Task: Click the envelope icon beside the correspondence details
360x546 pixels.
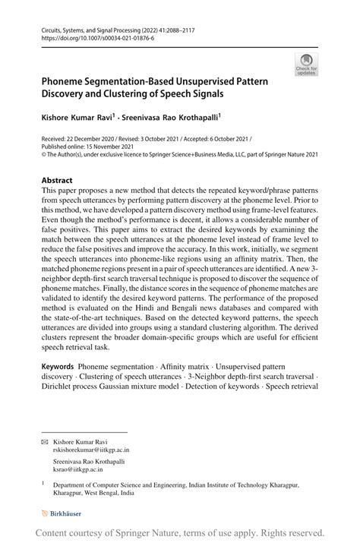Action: tap(45, 440)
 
